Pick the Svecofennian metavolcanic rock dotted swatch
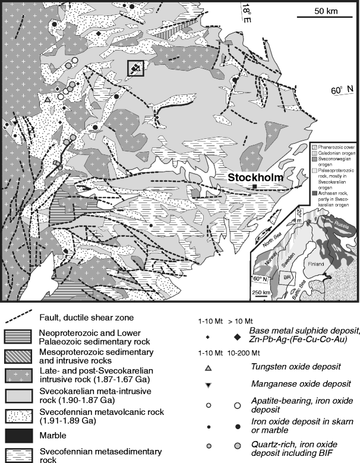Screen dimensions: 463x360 20,403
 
